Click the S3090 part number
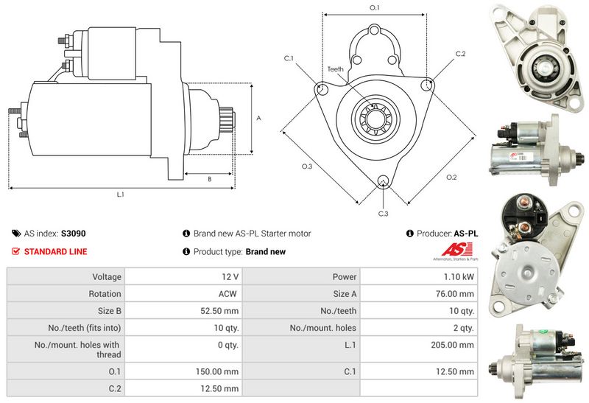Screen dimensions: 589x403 point(74,234)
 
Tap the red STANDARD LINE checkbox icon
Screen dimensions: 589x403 point(15,251)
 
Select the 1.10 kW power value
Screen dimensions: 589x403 point(459,277)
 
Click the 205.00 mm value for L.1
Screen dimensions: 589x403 point(452,345)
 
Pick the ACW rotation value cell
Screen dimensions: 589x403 point(228,294)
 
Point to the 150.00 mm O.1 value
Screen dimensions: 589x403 point(217,372)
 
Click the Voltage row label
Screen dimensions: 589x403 point(107,277)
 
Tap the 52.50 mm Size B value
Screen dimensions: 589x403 point(219,311)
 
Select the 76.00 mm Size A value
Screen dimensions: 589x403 point(455,294)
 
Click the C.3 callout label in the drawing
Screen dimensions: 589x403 point(383,214)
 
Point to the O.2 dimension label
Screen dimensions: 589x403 point(451,177)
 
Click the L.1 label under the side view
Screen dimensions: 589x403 point(120,195)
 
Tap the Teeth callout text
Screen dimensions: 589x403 point(335,69)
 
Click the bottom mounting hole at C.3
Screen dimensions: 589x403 point(383,181)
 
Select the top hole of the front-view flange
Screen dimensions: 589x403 point(374,30)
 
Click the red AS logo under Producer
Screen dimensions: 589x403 point(456,250)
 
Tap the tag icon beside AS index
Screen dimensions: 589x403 point(16,234)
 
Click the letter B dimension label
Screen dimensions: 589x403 point(210,179)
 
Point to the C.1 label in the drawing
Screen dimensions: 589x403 point(289,58)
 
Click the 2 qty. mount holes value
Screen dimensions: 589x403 point(464,328)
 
